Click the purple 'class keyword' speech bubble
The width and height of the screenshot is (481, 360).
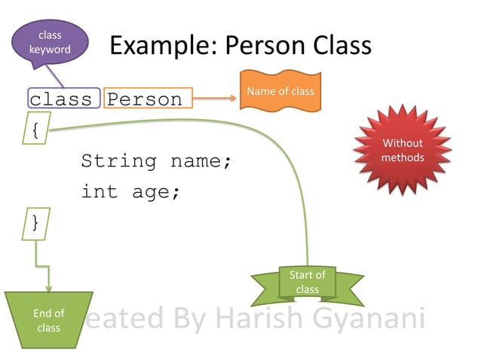(51, 42)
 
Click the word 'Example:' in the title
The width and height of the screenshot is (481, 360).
(161, 46)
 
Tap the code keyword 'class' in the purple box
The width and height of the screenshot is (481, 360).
(60, 99)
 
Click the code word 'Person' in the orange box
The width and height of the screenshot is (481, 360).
(145, 99)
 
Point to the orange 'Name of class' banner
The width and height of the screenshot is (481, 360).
(280, 91)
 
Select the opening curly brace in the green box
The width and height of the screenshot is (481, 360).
(35, 129)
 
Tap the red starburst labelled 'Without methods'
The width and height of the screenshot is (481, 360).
(403, 151)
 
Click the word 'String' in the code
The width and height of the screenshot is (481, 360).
(119, 161)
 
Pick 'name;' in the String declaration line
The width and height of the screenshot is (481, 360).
(201, 161)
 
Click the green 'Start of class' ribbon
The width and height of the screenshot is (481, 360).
(307, 283)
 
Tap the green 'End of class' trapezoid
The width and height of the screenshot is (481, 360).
(49, 319)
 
